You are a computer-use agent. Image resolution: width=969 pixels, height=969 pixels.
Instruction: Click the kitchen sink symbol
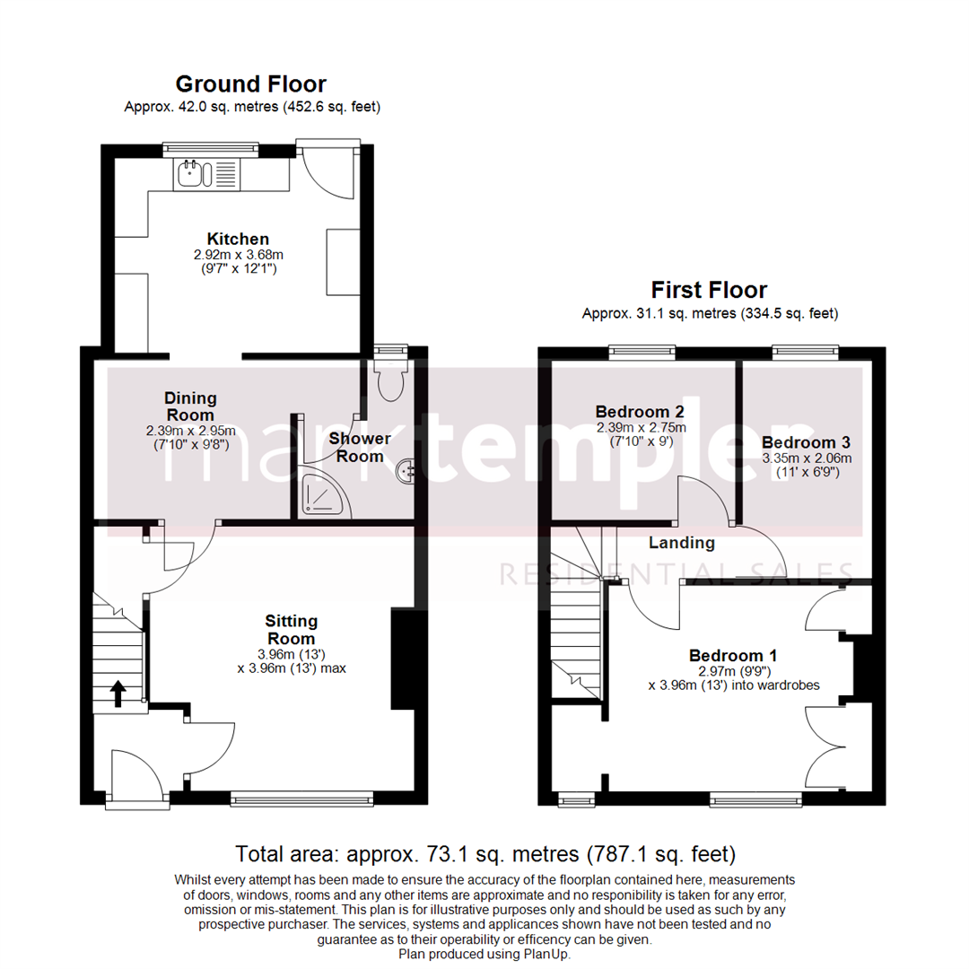191,172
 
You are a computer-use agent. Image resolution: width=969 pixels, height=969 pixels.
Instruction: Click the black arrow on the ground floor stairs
117,693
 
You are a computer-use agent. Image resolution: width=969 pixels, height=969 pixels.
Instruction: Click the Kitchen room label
238,240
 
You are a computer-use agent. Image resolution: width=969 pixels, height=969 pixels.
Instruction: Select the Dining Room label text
189,406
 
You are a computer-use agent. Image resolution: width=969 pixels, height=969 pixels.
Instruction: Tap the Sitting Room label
292,629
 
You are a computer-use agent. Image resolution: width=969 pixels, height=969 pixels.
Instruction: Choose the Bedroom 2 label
640,412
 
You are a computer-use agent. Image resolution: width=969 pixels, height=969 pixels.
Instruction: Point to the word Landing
682,543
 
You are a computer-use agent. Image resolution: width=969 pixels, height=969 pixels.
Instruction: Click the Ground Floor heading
250,84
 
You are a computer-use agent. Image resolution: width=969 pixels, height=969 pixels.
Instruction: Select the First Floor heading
709,291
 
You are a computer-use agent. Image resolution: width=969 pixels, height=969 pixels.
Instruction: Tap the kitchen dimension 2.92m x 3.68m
238,255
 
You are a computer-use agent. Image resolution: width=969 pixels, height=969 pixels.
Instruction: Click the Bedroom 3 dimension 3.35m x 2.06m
800,458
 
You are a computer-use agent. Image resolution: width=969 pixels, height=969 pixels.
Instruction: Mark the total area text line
484,852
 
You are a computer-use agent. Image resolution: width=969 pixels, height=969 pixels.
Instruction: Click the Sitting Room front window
301,797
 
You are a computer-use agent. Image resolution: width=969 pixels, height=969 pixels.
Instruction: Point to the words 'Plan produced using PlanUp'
484,954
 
